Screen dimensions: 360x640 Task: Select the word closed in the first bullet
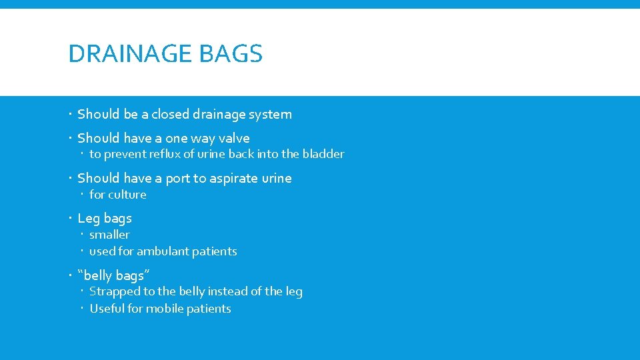tap(171, 114)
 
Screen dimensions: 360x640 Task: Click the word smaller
tap(109, 235)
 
